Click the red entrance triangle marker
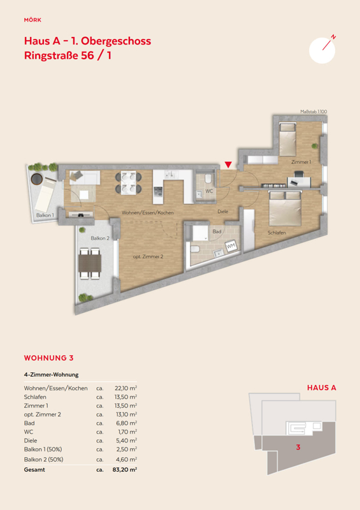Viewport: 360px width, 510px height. (x=228, y=164)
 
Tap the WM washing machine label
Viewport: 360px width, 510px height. (x=231, y=245)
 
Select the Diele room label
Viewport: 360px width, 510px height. (x=223, y=212)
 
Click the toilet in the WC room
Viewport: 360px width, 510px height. (x=208, y=178)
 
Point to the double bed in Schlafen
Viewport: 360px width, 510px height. (x=285, y=208)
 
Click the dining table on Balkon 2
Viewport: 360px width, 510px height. (x=90, y=263)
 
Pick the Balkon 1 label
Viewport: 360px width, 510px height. (x=45, y=215)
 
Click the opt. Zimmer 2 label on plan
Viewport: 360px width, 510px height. (x=148, y=257)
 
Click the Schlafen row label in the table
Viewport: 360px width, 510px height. (x=35, y=397)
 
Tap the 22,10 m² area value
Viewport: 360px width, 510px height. (x=126, y=388)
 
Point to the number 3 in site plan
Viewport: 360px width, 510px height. (x=298, y=448)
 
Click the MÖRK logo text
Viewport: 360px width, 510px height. (x=32, y=20)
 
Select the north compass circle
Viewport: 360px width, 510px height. (x=322, y=50)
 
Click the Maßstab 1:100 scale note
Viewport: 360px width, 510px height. (x=313, y=112)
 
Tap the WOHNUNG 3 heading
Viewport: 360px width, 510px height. (x=49, y=358)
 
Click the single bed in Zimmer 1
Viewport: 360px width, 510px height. (x=287, y=140)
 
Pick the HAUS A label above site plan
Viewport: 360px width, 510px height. (x=322, y=388)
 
